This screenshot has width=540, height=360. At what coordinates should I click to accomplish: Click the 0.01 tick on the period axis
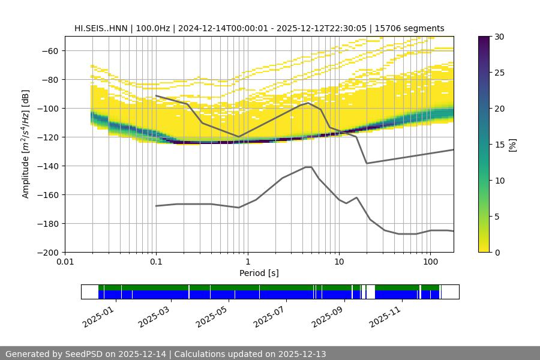pos(65,262)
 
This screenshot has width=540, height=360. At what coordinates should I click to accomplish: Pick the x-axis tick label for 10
pos(338,262)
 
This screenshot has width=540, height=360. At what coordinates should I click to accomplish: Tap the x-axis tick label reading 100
pos(430,262)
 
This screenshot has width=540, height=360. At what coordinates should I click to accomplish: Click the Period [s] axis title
pos(259,273)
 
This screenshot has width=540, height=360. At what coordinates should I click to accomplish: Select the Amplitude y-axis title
pos(26,144)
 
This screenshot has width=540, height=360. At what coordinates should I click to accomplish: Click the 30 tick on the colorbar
pos(498,37)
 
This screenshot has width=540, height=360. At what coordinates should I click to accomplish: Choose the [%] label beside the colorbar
pos(512,144)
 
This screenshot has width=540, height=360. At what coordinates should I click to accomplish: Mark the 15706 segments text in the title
pos(409,28)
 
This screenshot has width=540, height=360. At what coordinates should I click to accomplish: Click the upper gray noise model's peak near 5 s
pos(308,103)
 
